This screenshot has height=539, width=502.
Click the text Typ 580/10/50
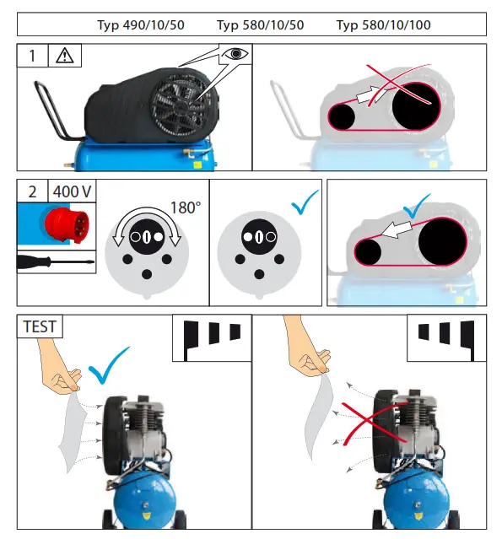coord(260,25)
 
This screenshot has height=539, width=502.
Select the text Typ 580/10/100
coord(383,25)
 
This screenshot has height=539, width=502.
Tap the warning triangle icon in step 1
coord(65,57)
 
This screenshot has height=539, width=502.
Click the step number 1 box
coord(33,57)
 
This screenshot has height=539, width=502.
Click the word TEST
coord(40,326)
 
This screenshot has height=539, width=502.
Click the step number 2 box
coord(32,191)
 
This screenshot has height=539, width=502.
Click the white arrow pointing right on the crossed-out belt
coord(369,97)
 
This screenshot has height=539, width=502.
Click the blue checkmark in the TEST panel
coord(108,364)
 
